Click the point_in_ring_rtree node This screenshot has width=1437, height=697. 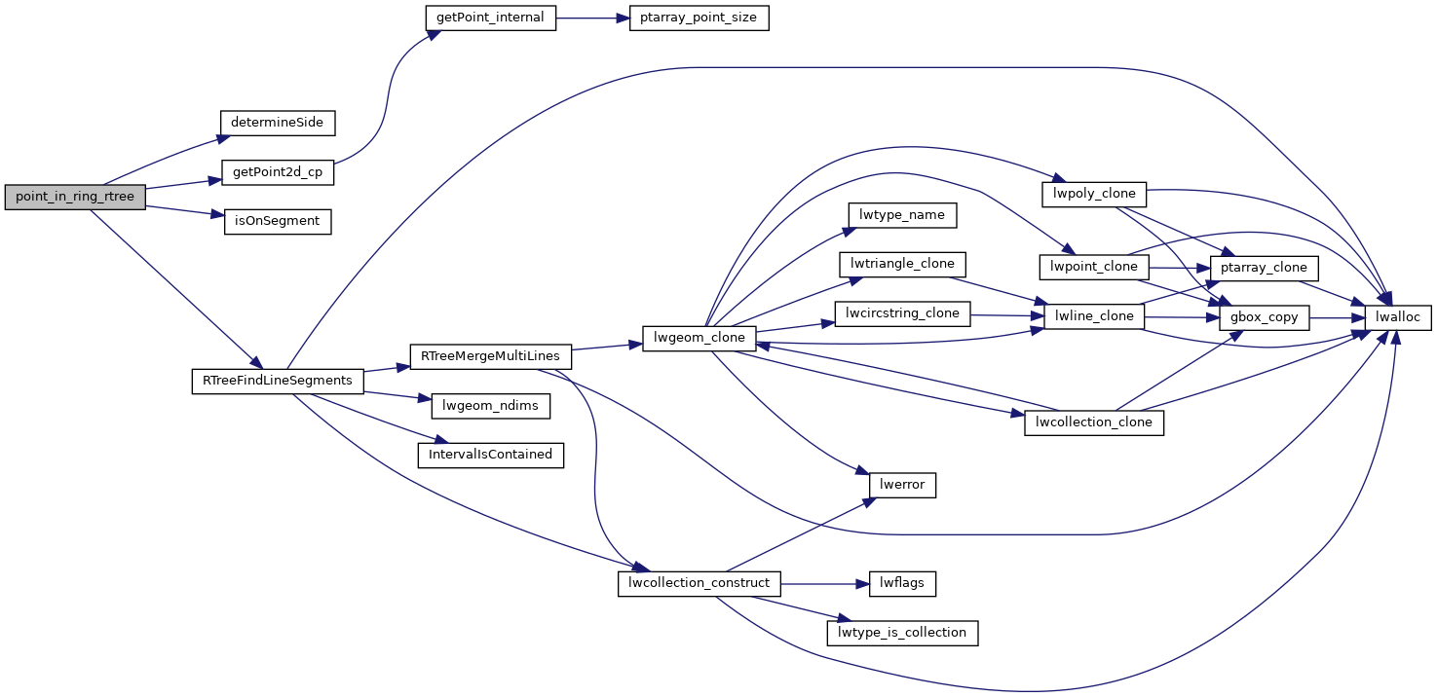pos(75,197)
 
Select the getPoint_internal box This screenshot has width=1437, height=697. pos(491,18)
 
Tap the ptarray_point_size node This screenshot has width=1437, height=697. pos(699,18)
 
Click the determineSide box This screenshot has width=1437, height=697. pos(278,123)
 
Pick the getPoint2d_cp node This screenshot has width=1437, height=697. pos(278,172)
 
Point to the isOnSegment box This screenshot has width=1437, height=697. pos(277,221)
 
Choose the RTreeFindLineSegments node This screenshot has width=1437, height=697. pos(278,380)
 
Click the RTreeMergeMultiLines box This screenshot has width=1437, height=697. pos(491,357)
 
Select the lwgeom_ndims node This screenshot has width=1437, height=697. pos(483,406)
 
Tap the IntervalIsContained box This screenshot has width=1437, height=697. pos(491,455)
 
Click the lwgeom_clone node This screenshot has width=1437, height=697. pos(700,338)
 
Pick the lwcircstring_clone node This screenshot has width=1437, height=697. pos(903,314)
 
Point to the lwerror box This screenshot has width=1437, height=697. pos(902,485)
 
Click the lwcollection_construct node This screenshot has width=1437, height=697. pos(700,583)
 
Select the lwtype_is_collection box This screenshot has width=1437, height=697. pos(902,633)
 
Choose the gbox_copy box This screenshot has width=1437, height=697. pos(1264,317)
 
